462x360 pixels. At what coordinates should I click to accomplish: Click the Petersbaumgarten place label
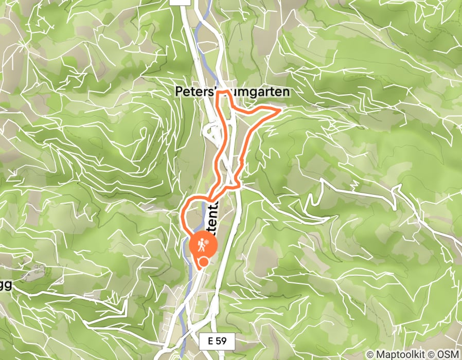coord(232,92)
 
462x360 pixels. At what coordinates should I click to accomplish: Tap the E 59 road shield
coord(217,340)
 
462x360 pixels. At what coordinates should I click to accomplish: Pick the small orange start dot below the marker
coord(204,262)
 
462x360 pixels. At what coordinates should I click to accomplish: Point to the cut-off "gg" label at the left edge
coord(5,285)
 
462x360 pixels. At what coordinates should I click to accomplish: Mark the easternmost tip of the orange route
coord(280,109)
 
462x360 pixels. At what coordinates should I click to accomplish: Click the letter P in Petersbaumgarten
coord(179,92)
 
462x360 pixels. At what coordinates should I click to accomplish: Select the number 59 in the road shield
coord(222,340)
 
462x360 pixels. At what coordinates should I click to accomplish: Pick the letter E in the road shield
coord(211,340)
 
